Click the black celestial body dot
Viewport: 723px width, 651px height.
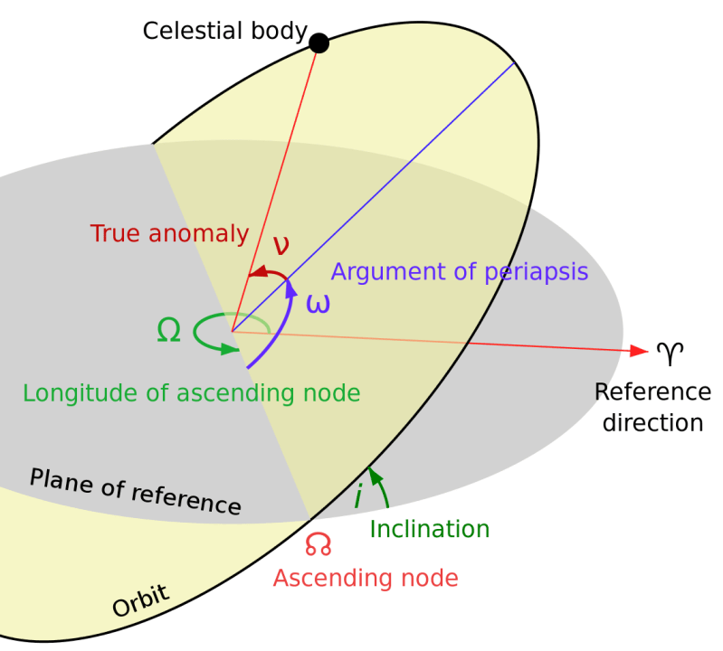[319, 42]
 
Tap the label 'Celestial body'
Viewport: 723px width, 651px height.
[225, 31]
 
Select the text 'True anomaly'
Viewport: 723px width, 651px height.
[169, 233]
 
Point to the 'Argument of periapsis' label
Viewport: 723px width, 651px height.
[460, 271]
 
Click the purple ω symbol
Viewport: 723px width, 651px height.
[318, 303]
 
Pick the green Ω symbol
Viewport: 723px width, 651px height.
[169, 332]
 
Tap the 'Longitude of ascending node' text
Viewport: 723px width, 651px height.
[192, 393]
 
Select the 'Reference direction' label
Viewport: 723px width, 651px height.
[652, 407]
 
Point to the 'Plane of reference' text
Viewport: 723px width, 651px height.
[135, 492]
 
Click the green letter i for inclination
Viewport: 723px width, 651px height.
[358, 496]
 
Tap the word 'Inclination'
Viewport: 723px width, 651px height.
[430, 529]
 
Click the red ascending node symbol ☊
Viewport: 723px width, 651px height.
[318, 544]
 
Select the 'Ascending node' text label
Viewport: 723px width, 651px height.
[365, 578]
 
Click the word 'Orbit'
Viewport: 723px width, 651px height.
[140, 601]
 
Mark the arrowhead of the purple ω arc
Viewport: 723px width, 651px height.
[290, 285]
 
